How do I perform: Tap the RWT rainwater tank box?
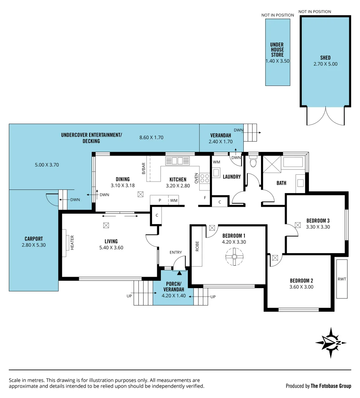click(x=342, y=279)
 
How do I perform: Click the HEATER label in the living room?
click(x=72, y=243)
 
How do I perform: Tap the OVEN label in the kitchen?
click(x=196, y=178)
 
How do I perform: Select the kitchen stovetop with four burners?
click(x=205, y=178)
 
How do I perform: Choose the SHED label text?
click(x=325, y=57)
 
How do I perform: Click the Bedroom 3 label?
click(x=318, y=221)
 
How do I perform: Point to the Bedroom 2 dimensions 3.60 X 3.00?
click(x=301, y=287)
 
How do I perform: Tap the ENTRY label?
click(x=176, y=252)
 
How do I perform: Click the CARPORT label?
click(x=34, y=238)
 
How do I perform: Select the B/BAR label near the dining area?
click(x=144, y=168)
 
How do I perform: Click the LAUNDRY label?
click(x=232, y=177)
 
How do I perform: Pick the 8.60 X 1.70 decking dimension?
click(x=151, y=137)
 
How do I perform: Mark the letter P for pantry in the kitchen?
click(x=160, y=200)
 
